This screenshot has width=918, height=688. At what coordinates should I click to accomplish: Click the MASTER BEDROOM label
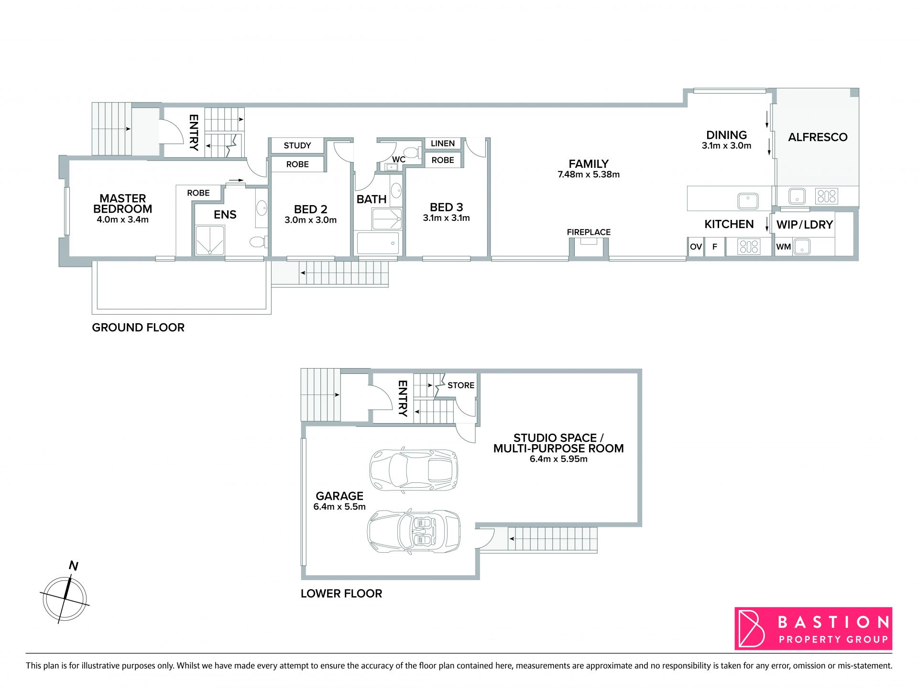122,204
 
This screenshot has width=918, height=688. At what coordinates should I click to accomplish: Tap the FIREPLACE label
589,232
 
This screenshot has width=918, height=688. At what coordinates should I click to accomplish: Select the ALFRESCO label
818,137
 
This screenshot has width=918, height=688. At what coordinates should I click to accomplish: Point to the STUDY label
297,145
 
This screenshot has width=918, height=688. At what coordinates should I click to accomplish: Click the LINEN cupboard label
443,143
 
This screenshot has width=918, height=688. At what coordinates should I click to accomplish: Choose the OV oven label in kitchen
696,247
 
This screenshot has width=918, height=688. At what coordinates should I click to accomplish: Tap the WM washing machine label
783,247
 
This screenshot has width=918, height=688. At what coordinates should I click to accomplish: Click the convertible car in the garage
414,533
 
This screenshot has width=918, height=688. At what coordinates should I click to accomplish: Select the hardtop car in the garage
414,470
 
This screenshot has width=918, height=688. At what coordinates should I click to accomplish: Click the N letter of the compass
73,566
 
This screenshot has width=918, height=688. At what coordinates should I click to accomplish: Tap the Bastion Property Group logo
813,628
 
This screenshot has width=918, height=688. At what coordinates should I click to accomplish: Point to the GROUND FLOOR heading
138,328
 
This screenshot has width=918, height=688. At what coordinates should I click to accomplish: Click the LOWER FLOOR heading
341,594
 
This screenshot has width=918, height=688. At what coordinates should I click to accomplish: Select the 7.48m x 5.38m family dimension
589,175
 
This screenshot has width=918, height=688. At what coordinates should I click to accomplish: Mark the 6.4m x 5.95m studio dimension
558,459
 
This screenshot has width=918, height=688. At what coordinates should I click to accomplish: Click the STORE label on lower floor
461,385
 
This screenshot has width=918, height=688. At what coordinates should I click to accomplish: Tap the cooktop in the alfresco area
827,196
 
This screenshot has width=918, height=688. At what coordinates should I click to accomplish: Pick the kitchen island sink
748,201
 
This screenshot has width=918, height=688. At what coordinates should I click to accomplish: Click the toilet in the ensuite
258,242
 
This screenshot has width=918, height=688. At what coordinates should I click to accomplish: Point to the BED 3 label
447,207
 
